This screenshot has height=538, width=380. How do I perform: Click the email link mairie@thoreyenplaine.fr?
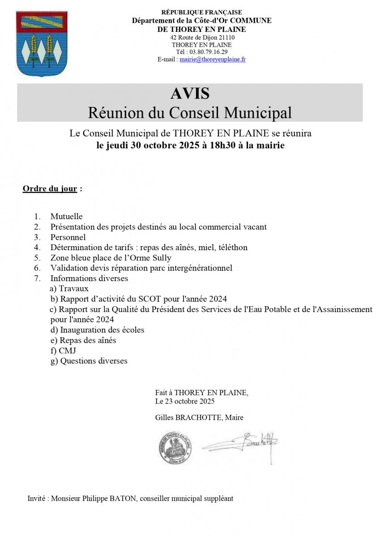tap(212, 59)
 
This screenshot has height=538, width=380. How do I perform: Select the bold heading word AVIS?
tap(190, 93)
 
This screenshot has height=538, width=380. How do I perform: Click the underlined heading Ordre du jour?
tap(50, 188)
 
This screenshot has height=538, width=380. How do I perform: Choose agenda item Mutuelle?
tap(66, 217)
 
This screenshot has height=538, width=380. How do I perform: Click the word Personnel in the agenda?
tap(68, 237)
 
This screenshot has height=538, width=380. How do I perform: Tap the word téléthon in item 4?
tap(232, 247)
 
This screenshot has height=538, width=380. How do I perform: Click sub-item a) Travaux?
tap(69, 289)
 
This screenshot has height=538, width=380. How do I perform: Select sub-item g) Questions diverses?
tap(89, 361)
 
